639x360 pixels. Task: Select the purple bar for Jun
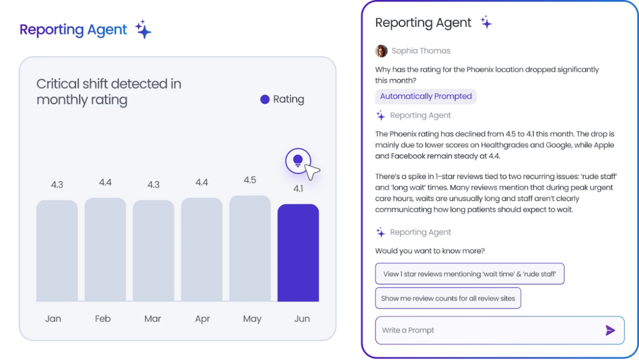(298, 253)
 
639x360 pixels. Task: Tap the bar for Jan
(57, 251)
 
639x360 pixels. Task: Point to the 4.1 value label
(298, 189)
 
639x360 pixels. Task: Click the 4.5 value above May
(250, 180)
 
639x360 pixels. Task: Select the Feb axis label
(103, 319)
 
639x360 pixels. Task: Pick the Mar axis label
(153, 319)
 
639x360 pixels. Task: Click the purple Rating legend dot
(265, 99)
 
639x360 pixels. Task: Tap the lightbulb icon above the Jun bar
(298, 160)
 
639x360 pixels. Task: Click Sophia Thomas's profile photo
(381, 51)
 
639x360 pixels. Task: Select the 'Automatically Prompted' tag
(426, 96)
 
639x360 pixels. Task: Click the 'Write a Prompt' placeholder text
(408, 330)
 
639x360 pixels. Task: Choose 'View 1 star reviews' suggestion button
(469, 274)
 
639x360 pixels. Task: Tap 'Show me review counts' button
(448, 298)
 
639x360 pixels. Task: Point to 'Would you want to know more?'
(430, 251)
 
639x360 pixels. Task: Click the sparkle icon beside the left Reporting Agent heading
(144, 29)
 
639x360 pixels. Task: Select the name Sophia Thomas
(421, 51)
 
